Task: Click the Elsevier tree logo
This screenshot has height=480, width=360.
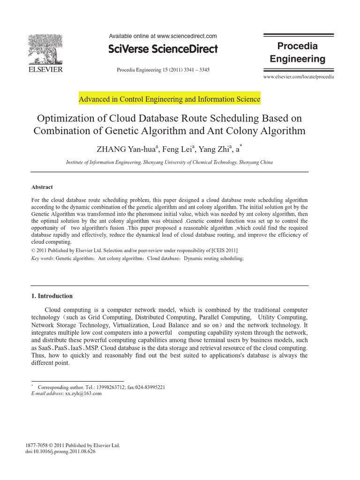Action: [45, 49]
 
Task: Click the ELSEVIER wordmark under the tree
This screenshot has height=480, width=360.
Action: [45, 70]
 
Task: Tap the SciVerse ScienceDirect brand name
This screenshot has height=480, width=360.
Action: [163, 49]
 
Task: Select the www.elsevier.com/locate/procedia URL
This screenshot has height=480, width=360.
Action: [299, 76]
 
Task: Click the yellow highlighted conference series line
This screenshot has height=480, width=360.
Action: [169, 99]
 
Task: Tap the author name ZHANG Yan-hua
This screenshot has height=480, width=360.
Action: [127, 150]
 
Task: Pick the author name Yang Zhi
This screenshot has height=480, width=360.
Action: [213, 150]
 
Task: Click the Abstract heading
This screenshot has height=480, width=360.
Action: [42, 187]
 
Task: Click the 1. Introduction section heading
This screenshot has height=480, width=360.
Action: [52, 296]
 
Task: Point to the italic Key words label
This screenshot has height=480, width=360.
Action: [42, 258]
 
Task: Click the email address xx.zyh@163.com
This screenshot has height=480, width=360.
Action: [83, 394]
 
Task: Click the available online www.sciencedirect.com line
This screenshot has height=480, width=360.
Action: [163, 36]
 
